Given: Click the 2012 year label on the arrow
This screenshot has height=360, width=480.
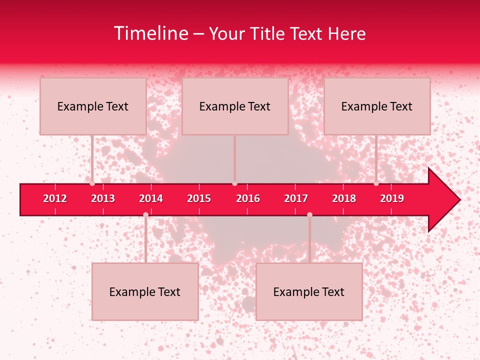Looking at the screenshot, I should (x=55, y=198).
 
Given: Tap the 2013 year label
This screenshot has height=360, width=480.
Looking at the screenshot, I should (x=103, y=198).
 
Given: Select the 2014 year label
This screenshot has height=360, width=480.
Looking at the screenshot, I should (x=151, y=198).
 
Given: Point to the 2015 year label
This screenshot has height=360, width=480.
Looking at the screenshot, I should (x=199, y=198).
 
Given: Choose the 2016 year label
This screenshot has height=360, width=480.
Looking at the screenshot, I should (x=248, y=198).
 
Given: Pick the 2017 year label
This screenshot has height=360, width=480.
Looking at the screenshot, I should (x=296, y=198).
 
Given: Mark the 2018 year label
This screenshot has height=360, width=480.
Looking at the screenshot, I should (x=344, y=198).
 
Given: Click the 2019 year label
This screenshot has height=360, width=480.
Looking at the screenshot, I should (x=392, y=198).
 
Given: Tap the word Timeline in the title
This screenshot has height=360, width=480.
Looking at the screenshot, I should (x=150, y=33).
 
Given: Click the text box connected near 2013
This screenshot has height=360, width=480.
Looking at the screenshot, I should (x=93, y=106).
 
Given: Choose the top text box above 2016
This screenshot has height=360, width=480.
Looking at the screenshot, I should (x=235, y=106).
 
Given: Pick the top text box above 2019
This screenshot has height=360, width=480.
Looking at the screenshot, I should (x=377, y=106).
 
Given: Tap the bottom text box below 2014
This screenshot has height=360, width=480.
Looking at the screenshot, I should (x=145, y=291).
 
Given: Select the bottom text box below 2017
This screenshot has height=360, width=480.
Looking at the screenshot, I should (x=309, y=291).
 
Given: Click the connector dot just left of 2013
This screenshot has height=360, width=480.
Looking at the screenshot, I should (x=92, y=183).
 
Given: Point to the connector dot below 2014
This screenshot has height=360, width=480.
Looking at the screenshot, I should (x=145, y=215).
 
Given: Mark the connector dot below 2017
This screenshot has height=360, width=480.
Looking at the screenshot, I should (x=309, y=215).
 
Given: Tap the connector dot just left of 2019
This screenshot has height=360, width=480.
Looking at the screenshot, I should (x=376, y=183).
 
